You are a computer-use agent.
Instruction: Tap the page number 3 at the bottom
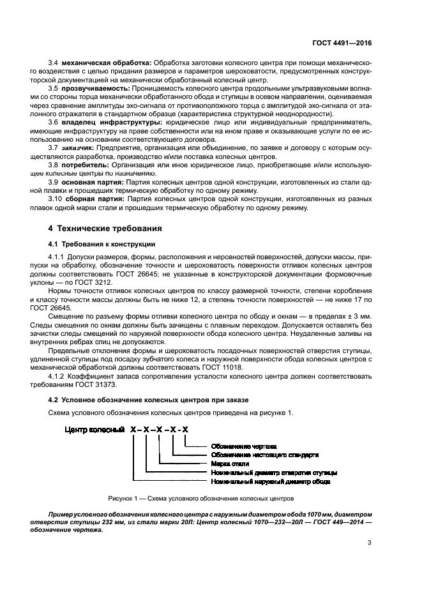click(x=370, y=543)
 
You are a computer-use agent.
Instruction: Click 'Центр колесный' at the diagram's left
click(x=94, y=431)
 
